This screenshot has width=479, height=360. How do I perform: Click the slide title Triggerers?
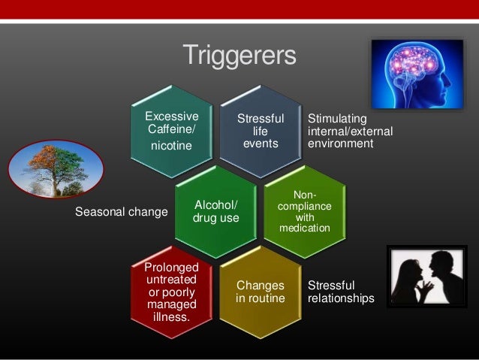point(239,55)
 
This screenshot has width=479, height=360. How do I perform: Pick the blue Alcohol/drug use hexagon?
point(216,211)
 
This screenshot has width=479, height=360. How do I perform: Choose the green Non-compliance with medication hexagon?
point(304,211)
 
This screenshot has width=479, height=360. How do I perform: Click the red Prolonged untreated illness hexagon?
point(172,293)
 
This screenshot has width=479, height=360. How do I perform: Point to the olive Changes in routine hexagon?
point(261,293)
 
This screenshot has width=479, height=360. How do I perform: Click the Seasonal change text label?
point(122,212)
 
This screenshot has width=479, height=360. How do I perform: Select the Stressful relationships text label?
point(340,292)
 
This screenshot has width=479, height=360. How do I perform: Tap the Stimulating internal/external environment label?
point(350,131)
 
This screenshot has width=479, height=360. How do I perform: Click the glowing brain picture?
point(417,74)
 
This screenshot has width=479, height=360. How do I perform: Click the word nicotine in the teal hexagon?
point(172,145)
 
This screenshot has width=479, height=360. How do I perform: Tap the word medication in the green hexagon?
point(304,228)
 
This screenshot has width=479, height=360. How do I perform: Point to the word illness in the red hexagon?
point(172,317)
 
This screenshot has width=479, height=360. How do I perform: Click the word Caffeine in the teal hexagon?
point(172,129)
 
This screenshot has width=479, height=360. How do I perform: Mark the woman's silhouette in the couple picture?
point(410,282)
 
